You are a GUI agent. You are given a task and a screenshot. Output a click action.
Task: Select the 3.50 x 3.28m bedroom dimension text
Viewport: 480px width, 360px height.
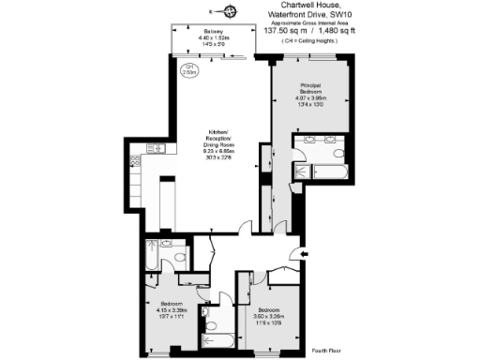(270, 316)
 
